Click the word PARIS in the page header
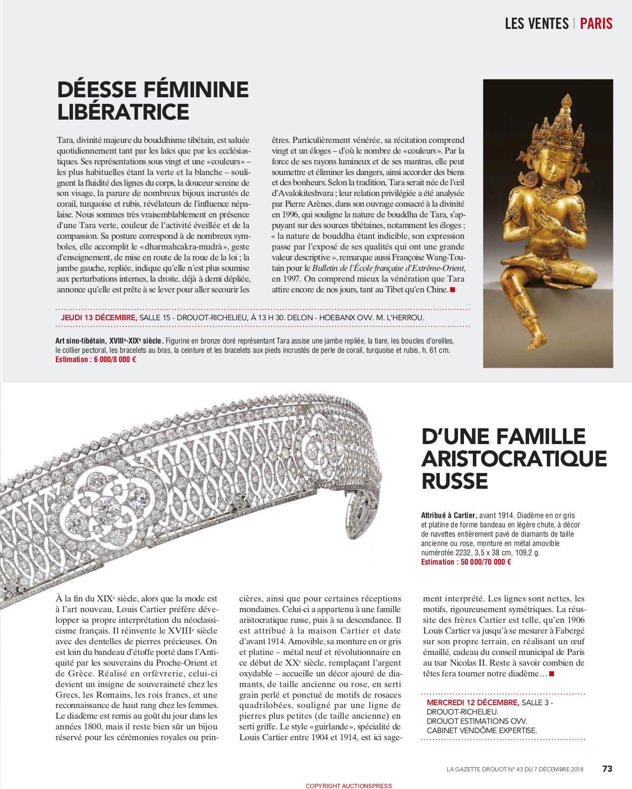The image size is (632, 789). click(596, 23)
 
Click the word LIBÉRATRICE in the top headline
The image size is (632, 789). click(123, 112)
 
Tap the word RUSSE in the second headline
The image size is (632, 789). click(454, 481)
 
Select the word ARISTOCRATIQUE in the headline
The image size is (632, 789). click(514, 459)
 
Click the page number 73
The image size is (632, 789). click(607, 769)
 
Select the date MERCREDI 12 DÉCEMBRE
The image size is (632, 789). click(473, 702)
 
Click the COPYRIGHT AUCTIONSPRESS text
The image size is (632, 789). click(349, 786)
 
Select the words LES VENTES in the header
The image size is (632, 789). click(537, 23)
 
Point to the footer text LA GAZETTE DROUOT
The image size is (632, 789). click(475, 769)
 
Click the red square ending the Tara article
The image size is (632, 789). click(452, 290)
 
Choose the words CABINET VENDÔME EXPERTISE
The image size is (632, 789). click(482, 730)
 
